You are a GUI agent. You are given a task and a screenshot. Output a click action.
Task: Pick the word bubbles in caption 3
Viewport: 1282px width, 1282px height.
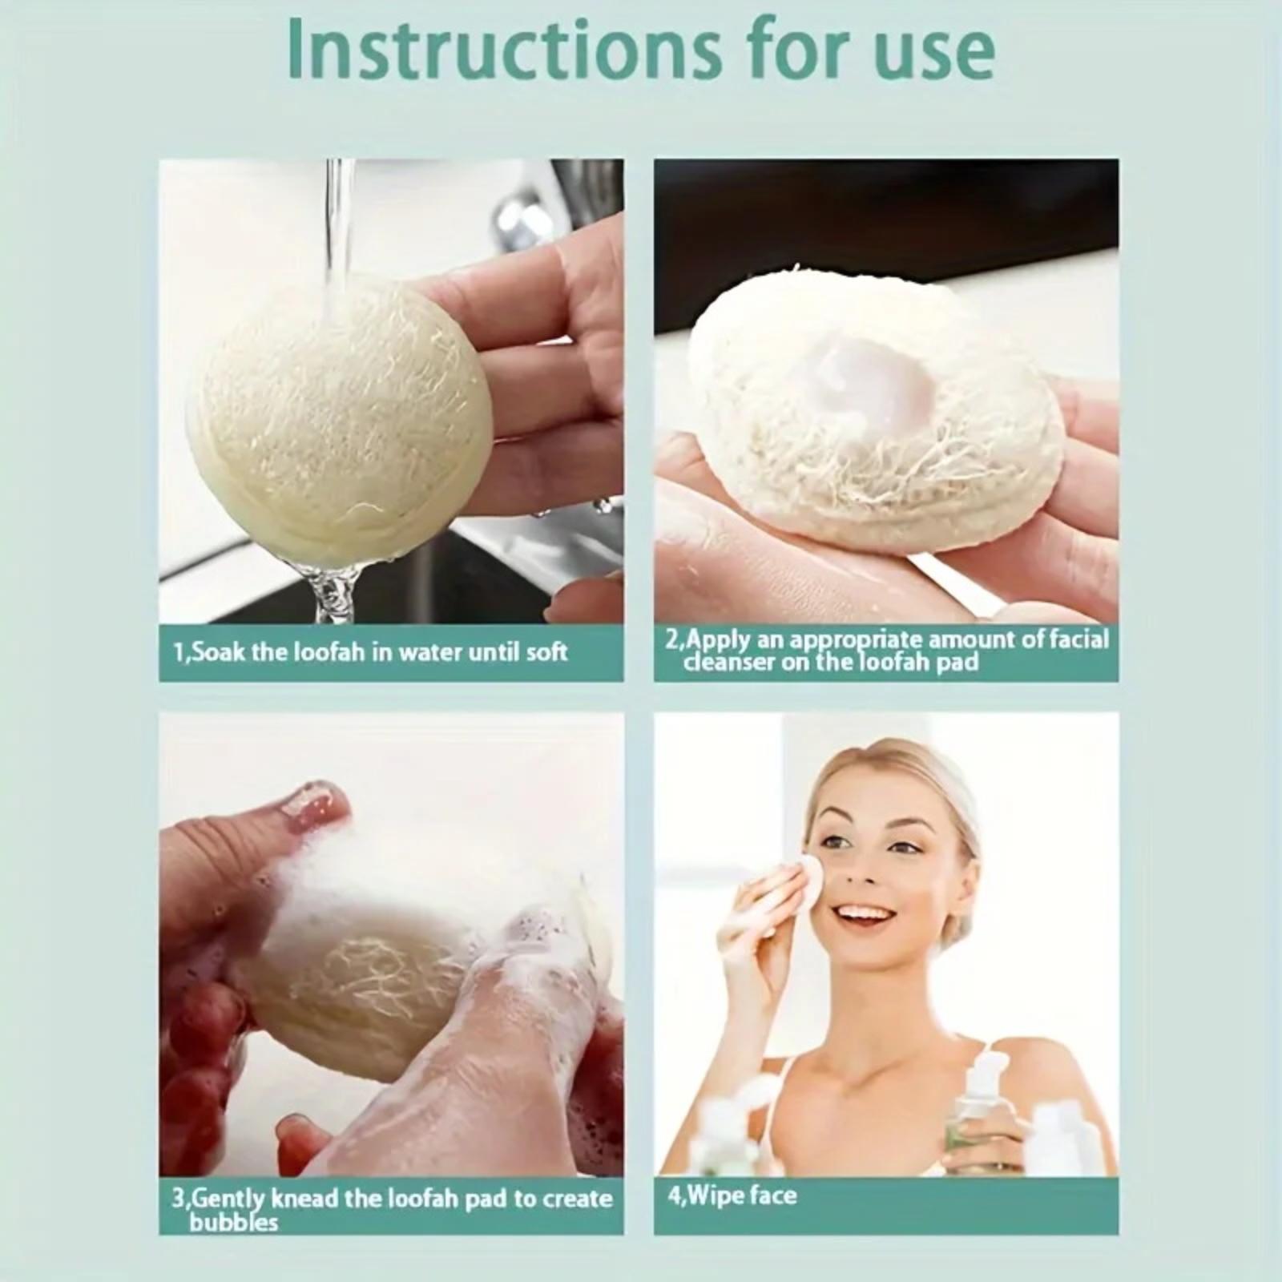[234, 1223]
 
